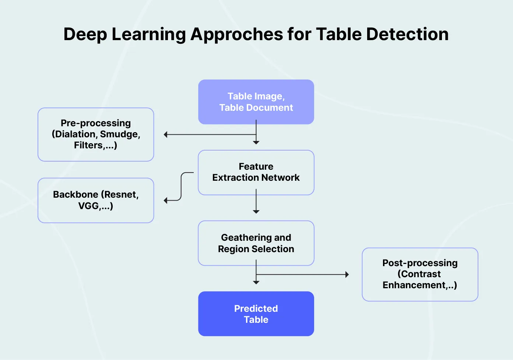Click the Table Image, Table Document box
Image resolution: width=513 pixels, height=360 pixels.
pos(256,102)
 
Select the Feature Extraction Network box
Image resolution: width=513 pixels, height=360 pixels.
pos(256,172)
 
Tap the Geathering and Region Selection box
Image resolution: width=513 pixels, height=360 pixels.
pos(256,243)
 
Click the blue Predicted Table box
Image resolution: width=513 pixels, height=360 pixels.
pos(256,314)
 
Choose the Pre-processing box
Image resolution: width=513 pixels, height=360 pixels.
pos(96,134)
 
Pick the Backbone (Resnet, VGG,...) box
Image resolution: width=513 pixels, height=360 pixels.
pos(96,200)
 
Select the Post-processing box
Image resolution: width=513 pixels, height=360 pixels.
pos(420,274)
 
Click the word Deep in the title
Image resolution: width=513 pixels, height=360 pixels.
pos(85,34)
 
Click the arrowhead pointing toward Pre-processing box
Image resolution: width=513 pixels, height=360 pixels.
pos(166,135)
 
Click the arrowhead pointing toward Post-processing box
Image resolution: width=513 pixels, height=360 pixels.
pos(347,275)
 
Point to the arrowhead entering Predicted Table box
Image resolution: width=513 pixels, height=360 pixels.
pos(256,282)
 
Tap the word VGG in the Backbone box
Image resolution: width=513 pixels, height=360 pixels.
pos(88,206)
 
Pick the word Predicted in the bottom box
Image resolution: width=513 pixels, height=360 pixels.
pos(256,308)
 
